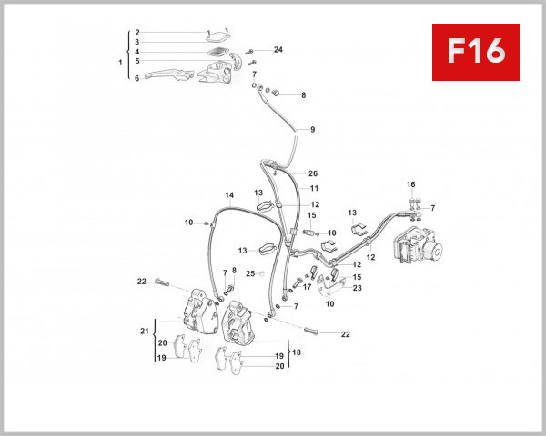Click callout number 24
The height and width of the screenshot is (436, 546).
pyautogui.click(x=278, y=49)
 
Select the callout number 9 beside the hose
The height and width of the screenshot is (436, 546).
pyautogui.click(x=312, y=130)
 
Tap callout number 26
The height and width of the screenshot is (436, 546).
pyautogui.click(x=313, y=173)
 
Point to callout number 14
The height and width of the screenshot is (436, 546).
pyautogui.click(x=229, y=195)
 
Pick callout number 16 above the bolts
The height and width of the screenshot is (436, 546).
pyautogui.click(x=410, y=184)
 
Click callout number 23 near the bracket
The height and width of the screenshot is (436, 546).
pyautogui.click(x=358, y=288)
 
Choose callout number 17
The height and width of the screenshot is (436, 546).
pyautogui.click(x=308, y=287)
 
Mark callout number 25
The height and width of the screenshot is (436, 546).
pyautogui.click(x=250, y=273)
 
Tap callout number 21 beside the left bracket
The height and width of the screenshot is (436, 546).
pyautogui.click(x=144, y=332)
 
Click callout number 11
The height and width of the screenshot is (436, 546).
pyautogui.click(x=313, y=188)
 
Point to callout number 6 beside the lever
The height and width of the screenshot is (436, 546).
pyautogui.click(x=136, y=78)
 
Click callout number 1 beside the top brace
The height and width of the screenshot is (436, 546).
pyautogui.click(x=120, y=62)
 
